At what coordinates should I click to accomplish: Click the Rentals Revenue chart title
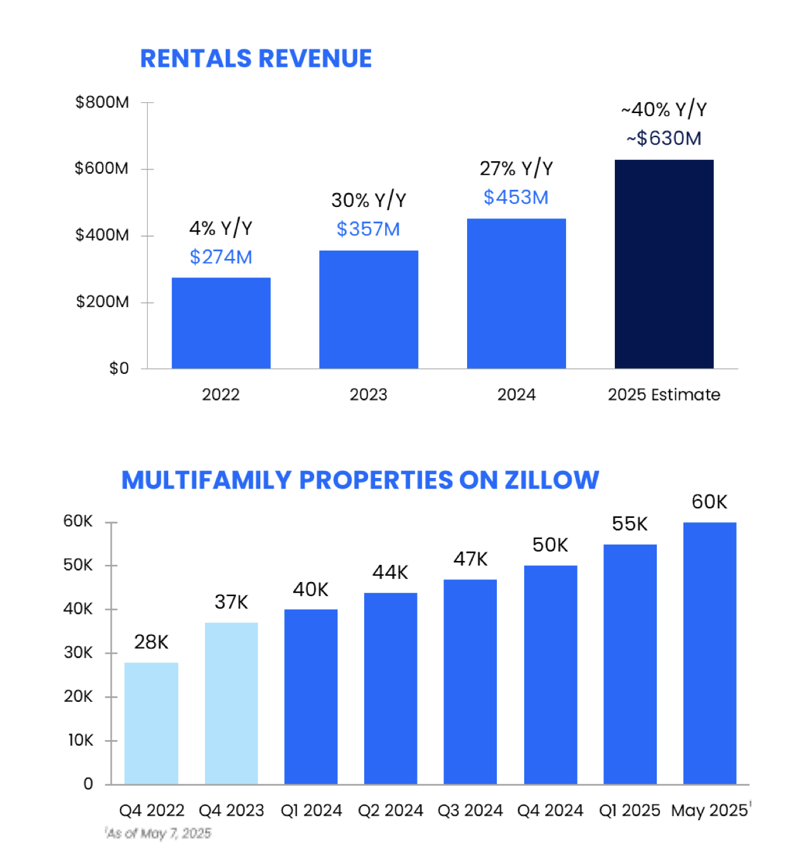click(x=256, y=58)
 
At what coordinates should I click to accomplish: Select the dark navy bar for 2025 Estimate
click(x=664, y=264)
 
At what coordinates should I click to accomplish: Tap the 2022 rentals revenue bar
click(x=221, y=323)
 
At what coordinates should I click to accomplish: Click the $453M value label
click(x=516, y=197)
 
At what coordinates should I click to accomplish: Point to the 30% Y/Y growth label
click(x=368, y=200)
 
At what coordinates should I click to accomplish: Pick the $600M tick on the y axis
click(x=102, y=168)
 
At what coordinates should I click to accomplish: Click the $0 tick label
click(x=119, y=368)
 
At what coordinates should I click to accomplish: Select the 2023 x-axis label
click(x=368, y=395)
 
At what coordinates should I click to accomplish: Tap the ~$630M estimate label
click(x=664, y=138)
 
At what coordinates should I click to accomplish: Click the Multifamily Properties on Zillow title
click(x=360, y=480)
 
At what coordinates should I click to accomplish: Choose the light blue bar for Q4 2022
click(x=151, y=724)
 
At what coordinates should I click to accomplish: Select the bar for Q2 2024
click(x=390, y=689)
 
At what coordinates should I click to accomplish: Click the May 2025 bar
click(x=709, y=654)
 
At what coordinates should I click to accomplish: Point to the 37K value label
click(x=231, y=602)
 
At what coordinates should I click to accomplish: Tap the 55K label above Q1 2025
click(x=630, y=524)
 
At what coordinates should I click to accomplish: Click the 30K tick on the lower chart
click(x=78, y=652)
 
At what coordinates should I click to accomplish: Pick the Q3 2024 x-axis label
click(x=470, y=810)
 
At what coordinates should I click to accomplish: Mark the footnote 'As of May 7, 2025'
click(x=159, y=833)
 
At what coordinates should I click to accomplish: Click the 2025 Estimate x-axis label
click(x=664, y=395)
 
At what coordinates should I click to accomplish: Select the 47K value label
click(x=470, y=559)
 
